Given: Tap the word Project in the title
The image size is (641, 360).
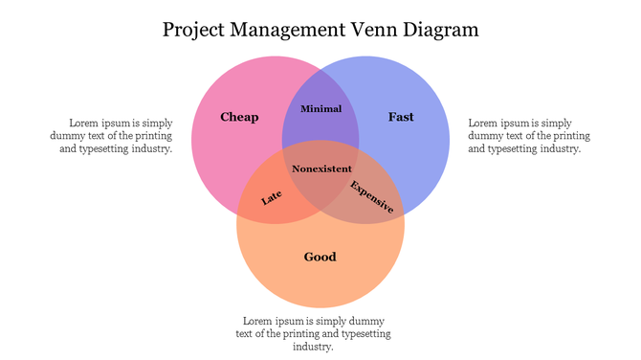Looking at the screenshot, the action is [x=194, y=30].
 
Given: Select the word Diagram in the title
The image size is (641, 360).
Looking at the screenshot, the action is [x=439, y=30].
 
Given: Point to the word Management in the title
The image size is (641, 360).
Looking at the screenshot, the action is [x=289, y=30].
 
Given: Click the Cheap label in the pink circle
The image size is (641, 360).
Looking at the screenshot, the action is [x=239, y=117].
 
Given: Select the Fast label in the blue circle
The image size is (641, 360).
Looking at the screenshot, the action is [x=401, y=117].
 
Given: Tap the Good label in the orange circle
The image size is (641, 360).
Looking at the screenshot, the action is [x=320, y=257].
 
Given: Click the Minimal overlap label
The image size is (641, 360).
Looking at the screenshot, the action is [x=320, y=109].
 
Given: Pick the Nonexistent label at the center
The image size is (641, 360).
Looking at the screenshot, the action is [x=320, y=169].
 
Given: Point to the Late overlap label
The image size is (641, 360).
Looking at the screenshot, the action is [x=272, y=197].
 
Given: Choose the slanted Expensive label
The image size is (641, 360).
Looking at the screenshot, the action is [x=371, y=195].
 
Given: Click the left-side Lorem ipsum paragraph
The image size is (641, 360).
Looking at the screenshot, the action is [x=120, y=136].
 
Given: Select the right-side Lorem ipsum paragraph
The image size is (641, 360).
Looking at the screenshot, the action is [x=523, y=136].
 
